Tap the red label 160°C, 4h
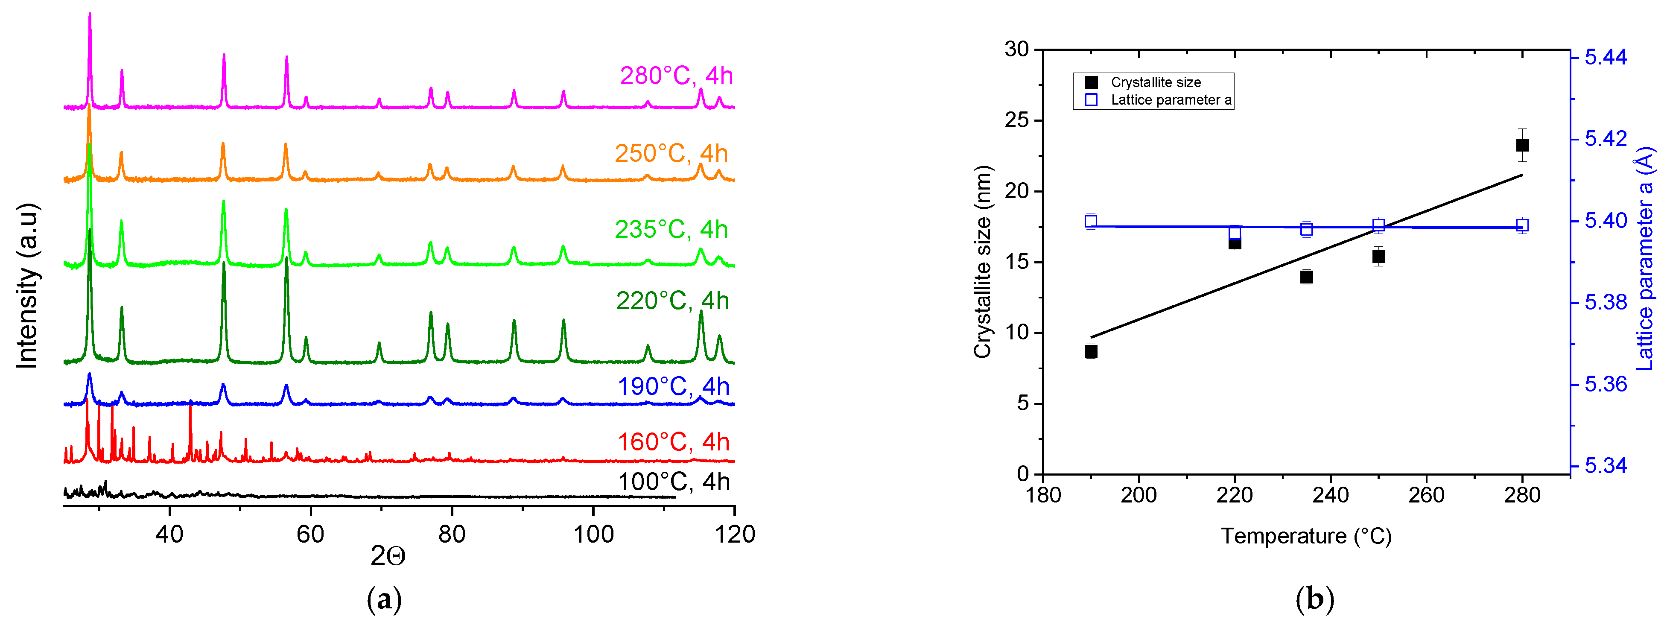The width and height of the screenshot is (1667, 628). click(673, 442)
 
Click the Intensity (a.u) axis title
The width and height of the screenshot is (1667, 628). click(27, 286)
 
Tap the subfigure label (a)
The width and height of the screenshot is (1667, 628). click(384, 599)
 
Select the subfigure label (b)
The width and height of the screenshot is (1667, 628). click(1314, 599)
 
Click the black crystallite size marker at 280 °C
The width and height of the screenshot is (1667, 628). click(1522, 145)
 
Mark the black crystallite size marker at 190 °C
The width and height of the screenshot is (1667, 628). click(1091, 351)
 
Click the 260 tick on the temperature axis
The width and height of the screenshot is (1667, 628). click(1426, 495)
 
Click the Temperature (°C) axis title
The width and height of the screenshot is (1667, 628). click(1306, 536)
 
